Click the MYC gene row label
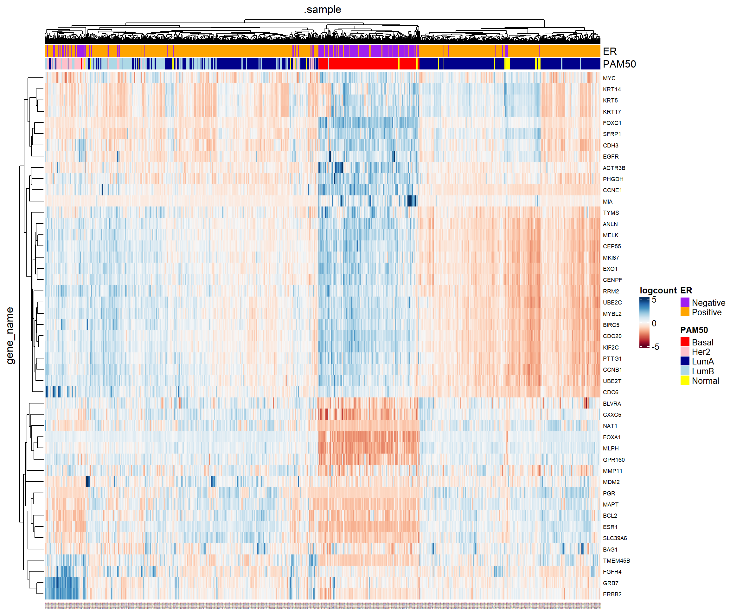click(609, 78)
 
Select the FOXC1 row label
click(612, 123)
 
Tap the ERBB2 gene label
click(612, 594)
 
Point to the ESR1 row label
click(610, 527)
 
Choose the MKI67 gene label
click(611, 258)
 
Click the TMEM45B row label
click(616, 560)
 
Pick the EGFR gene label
click(611, 157)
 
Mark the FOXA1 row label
click(612, 437)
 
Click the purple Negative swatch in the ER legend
click(684, 302)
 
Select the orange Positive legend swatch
click(684, 312)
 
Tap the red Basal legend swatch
click(684, 342)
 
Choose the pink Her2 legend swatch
click(684, 351)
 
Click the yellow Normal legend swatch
click(684, 380)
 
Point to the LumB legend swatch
click(684, 370)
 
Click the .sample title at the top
click(322, 10)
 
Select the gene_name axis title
click(10, 336)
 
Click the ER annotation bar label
click(610, 51)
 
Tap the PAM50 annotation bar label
click(619, 64)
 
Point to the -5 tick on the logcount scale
click(655, 347)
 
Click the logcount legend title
click(658, 290)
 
